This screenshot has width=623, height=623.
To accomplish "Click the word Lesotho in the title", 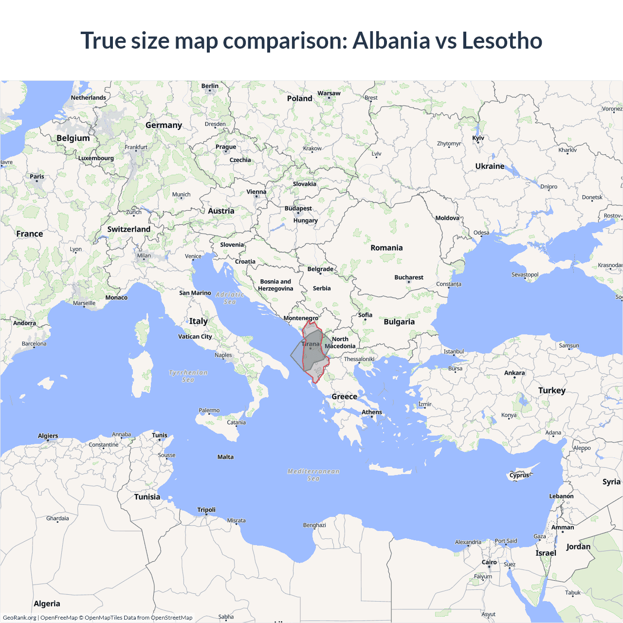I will click(x=502, y=40).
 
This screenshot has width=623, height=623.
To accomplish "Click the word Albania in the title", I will click(x=391, y=40).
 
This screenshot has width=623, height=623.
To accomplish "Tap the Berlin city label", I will click(x=210, y=86).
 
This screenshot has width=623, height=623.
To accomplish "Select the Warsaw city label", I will click(x=329, y=93).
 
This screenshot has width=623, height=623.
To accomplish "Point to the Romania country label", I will click(x=386, y=248).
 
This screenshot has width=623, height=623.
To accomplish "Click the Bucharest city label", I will click(x=409, y=277).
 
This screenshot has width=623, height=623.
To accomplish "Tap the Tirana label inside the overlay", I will click(x=311, y=344).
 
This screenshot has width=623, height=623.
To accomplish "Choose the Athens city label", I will click(x=372, y=412).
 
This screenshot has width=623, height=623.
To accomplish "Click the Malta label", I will click(x=225, y=457).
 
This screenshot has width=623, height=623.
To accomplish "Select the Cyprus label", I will click(x=519, y=475).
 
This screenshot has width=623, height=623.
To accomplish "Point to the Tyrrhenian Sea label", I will click(x=188, y=376).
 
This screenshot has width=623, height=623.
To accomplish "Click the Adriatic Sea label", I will click(x=230, y=298).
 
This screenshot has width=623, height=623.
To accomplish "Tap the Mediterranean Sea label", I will click(x=313, y=475).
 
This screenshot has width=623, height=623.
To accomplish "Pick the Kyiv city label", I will click(x=478, y=138).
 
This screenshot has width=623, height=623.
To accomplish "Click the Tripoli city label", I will click(x=206, y=510).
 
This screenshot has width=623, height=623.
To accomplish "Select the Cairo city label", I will click(x=489, y=562).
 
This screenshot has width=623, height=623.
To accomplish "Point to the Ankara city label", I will click(x=514, y=373).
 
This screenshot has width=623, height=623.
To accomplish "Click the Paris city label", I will click(x=37, y=177).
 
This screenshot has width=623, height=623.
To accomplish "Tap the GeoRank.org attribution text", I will click(x=19, y=618).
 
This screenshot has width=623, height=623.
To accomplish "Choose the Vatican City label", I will click(x=195, y=336).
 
